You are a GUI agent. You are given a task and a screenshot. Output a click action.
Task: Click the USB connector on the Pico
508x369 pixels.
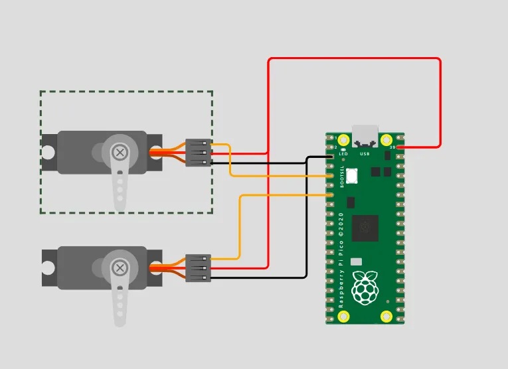point(365,135)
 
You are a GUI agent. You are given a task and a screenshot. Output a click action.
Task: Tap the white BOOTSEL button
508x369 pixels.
point(351,176)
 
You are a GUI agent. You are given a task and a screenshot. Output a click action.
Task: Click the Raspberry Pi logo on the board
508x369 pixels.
point(365,289)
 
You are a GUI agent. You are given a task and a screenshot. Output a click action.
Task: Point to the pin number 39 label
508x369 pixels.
point(392,147)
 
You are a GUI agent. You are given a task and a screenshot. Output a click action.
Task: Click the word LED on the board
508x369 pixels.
point(343,154)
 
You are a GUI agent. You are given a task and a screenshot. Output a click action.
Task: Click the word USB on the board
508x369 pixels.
point(365,154)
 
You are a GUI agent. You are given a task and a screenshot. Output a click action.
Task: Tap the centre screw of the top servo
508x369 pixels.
point(120,153)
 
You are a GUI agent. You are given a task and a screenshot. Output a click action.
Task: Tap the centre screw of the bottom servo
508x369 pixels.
point(120,268)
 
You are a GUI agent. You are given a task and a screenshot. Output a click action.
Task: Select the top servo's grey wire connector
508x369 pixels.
point(198,153)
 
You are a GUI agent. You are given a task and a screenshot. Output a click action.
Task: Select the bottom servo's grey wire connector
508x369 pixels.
point(198,268)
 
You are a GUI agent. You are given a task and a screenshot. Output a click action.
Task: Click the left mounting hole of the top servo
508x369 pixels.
point(48,152)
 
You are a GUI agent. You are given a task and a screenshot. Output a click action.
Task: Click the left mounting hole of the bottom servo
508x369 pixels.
point(48,267)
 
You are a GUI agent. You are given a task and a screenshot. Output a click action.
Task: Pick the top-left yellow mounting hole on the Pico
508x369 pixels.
point(343,140)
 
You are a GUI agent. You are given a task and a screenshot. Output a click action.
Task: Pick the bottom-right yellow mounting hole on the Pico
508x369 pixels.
point(386,317)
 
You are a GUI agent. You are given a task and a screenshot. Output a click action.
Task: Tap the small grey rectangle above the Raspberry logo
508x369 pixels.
point(357,262)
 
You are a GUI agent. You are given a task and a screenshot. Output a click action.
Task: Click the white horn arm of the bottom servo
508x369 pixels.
point(120,302)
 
